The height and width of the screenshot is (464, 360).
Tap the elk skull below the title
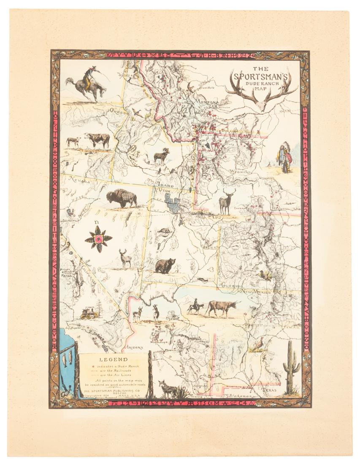261,94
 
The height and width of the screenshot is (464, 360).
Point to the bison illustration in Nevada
122,198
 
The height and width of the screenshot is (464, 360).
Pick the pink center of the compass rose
99,239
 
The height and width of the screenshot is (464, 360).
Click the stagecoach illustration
89,313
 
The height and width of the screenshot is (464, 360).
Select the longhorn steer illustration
222,308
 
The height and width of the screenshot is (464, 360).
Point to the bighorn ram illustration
161,156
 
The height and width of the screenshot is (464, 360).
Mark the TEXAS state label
268,390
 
